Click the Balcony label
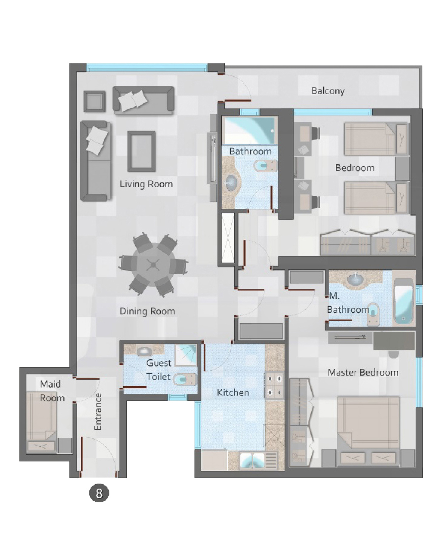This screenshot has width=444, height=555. (328, 91)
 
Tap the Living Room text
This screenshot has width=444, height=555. (146, 184)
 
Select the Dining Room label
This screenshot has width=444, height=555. (147, 311)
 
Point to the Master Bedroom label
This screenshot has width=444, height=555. (363, 372)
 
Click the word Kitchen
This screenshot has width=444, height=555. (233, 392)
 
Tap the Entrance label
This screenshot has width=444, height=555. (98, 411)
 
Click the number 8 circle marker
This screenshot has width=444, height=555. (99, 493)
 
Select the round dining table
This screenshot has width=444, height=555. (153, 265)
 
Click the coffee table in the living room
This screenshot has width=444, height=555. (141, 151)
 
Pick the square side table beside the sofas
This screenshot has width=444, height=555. (94, 101)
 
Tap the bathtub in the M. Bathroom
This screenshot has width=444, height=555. (403, 302)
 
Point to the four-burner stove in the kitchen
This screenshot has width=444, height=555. (274, 386)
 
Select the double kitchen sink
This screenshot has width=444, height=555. (258, 460)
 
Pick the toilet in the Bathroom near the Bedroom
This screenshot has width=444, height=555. (265, 166)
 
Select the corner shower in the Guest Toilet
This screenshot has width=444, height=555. (185, 355)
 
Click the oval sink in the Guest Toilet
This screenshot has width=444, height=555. (145, 351)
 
